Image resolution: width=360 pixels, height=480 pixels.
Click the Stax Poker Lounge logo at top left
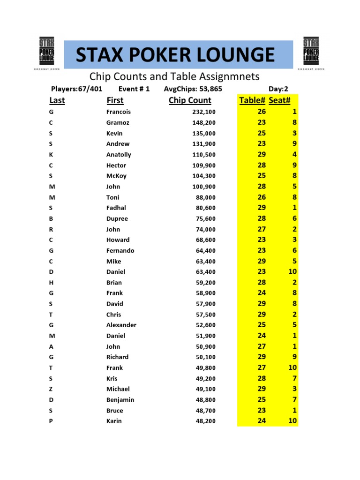click(x=47, y=52)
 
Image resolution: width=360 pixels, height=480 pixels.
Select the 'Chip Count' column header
click(x=190, y=100)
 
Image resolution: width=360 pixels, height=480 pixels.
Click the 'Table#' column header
click(x=252, y=100)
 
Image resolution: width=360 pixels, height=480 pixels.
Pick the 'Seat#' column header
click(x=280, y=100)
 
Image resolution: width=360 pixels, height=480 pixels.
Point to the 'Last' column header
click(x=57, y=100)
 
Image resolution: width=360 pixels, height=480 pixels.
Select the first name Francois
click(x=119, y=112)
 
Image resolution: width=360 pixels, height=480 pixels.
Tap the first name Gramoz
click(x=118, y=123)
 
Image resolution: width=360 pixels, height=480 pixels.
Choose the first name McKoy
click(x=116, y=176)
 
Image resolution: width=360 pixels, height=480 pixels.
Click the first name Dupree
click(x=117, y=219)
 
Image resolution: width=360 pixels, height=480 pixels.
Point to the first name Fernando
click(x=120, y=251)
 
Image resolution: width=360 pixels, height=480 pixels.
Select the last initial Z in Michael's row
click(x=51, y=389)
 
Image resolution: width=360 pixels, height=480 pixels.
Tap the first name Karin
click(x=114, y=421)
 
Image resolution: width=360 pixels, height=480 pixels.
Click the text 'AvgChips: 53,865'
click(x=193, y=89)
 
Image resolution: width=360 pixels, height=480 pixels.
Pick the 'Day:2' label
click(x=278, y=89)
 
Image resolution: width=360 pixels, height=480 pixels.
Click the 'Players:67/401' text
click(x=77, y=89)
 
